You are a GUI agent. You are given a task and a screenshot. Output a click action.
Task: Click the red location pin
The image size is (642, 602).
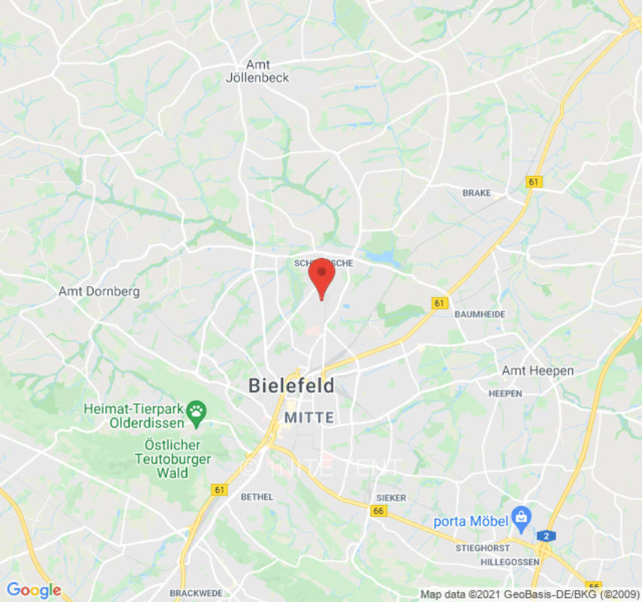pyautogui.click(x=321, y=275)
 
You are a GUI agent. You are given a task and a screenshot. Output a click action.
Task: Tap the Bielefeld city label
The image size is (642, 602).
pyautogui.click(x=291, y=386)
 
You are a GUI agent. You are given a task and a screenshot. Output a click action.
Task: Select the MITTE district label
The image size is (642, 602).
pyautogui.click(x=308, y=417)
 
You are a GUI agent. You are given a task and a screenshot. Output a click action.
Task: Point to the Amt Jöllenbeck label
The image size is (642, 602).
pyautogui.click(x=257, y=71)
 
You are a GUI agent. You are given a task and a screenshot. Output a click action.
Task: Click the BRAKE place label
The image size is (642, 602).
pyautogui.click(x=476, y=193)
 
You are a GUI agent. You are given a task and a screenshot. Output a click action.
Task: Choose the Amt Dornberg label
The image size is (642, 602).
pyautogui.click(x=99, y=291)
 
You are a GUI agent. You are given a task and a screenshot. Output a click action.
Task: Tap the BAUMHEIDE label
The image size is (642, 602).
pyautogui.click(x=479, y=314)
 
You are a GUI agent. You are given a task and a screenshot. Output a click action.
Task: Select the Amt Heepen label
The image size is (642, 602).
pyautogui.click(x=537, y=371)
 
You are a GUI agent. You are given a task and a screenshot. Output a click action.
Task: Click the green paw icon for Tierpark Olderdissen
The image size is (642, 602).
pyautogui.click(x=196, y=411)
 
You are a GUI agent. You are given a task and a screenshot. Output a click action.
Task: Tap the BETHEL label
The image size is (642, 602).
pyautogui.click(x=257, y=497)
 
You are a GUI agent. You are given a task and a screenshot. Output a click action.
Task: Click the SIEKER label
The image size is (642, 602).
pyautogui.click(x=391, y=498)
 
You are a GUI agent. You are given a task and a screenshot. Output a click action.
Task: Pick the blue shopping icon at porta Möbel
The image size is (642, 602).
pyautogui.click(x=520, y=517)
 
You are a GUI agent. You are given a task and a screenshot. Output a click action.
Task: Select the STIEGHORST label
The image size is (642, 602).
pyautogui.click(x=482, y=549)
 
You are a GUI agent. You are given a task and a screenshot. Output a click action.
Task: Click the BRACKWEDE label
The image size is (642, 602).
pyautogui.click(x=196, y=593)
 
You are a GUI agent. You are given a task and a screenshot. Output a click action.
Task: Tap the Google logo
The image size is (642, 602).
pyautogui.click(x=33, y=590)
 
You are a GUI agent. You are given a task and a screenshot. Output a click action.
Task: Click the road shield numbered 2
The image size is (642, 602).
pyautogui.click(x=544, y=535)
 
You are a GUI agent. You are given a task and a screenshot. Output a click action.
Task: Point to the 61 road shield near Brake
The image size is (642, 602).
pyautogui.click(x=534, y=182)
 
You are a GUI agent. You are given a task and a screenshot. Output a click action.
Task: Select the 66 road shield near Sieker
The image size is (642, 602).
pyautogui.click(x=379, y=511)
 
